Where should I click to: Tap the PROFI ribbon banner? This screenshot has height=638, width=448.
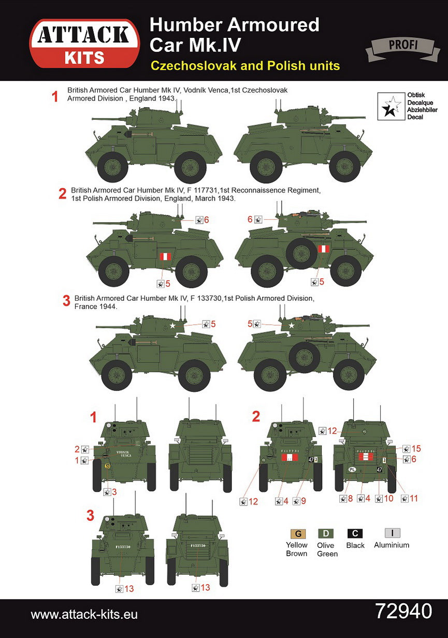click(x=399, y=46)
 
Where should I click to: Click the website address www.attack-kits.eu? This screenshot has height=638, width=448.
click(x=84, y=615)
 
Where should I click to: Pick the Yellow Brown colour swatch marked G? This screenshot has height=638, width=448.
click(x=297, y=534)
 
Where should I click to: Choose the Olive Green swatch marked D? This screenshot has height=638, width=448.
click(x=326, y=534)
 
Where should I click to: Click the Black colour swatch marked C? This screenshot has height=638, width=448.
click(x=355, y=534)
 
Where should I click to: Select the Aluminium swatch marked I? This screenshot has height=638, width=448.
click(x=392, y=533)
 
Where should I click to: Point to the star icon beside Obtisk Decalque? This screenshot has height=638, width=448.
click(x=392, y=105)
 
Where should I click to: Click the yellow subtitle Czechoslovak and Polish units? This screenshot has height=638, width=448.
click(x=244, y=66)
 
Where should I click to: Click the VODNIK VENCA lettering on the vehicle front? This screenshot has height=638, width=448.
click(x=123, y=453)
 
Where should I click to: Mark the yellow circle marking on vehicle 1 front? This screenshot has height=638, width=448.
click(x=107, y=466)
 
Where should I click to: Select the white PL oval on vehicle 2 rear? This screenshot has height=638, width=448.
click(x=352, y=469)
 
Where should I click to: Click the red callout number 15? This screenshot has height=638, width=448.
click(x=416, y=449)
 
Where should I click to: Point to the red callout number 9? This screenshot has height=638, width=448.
click(x=304, y=501)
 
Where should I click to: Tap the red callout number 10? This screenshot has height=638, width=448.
click(x=389, y=498)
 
